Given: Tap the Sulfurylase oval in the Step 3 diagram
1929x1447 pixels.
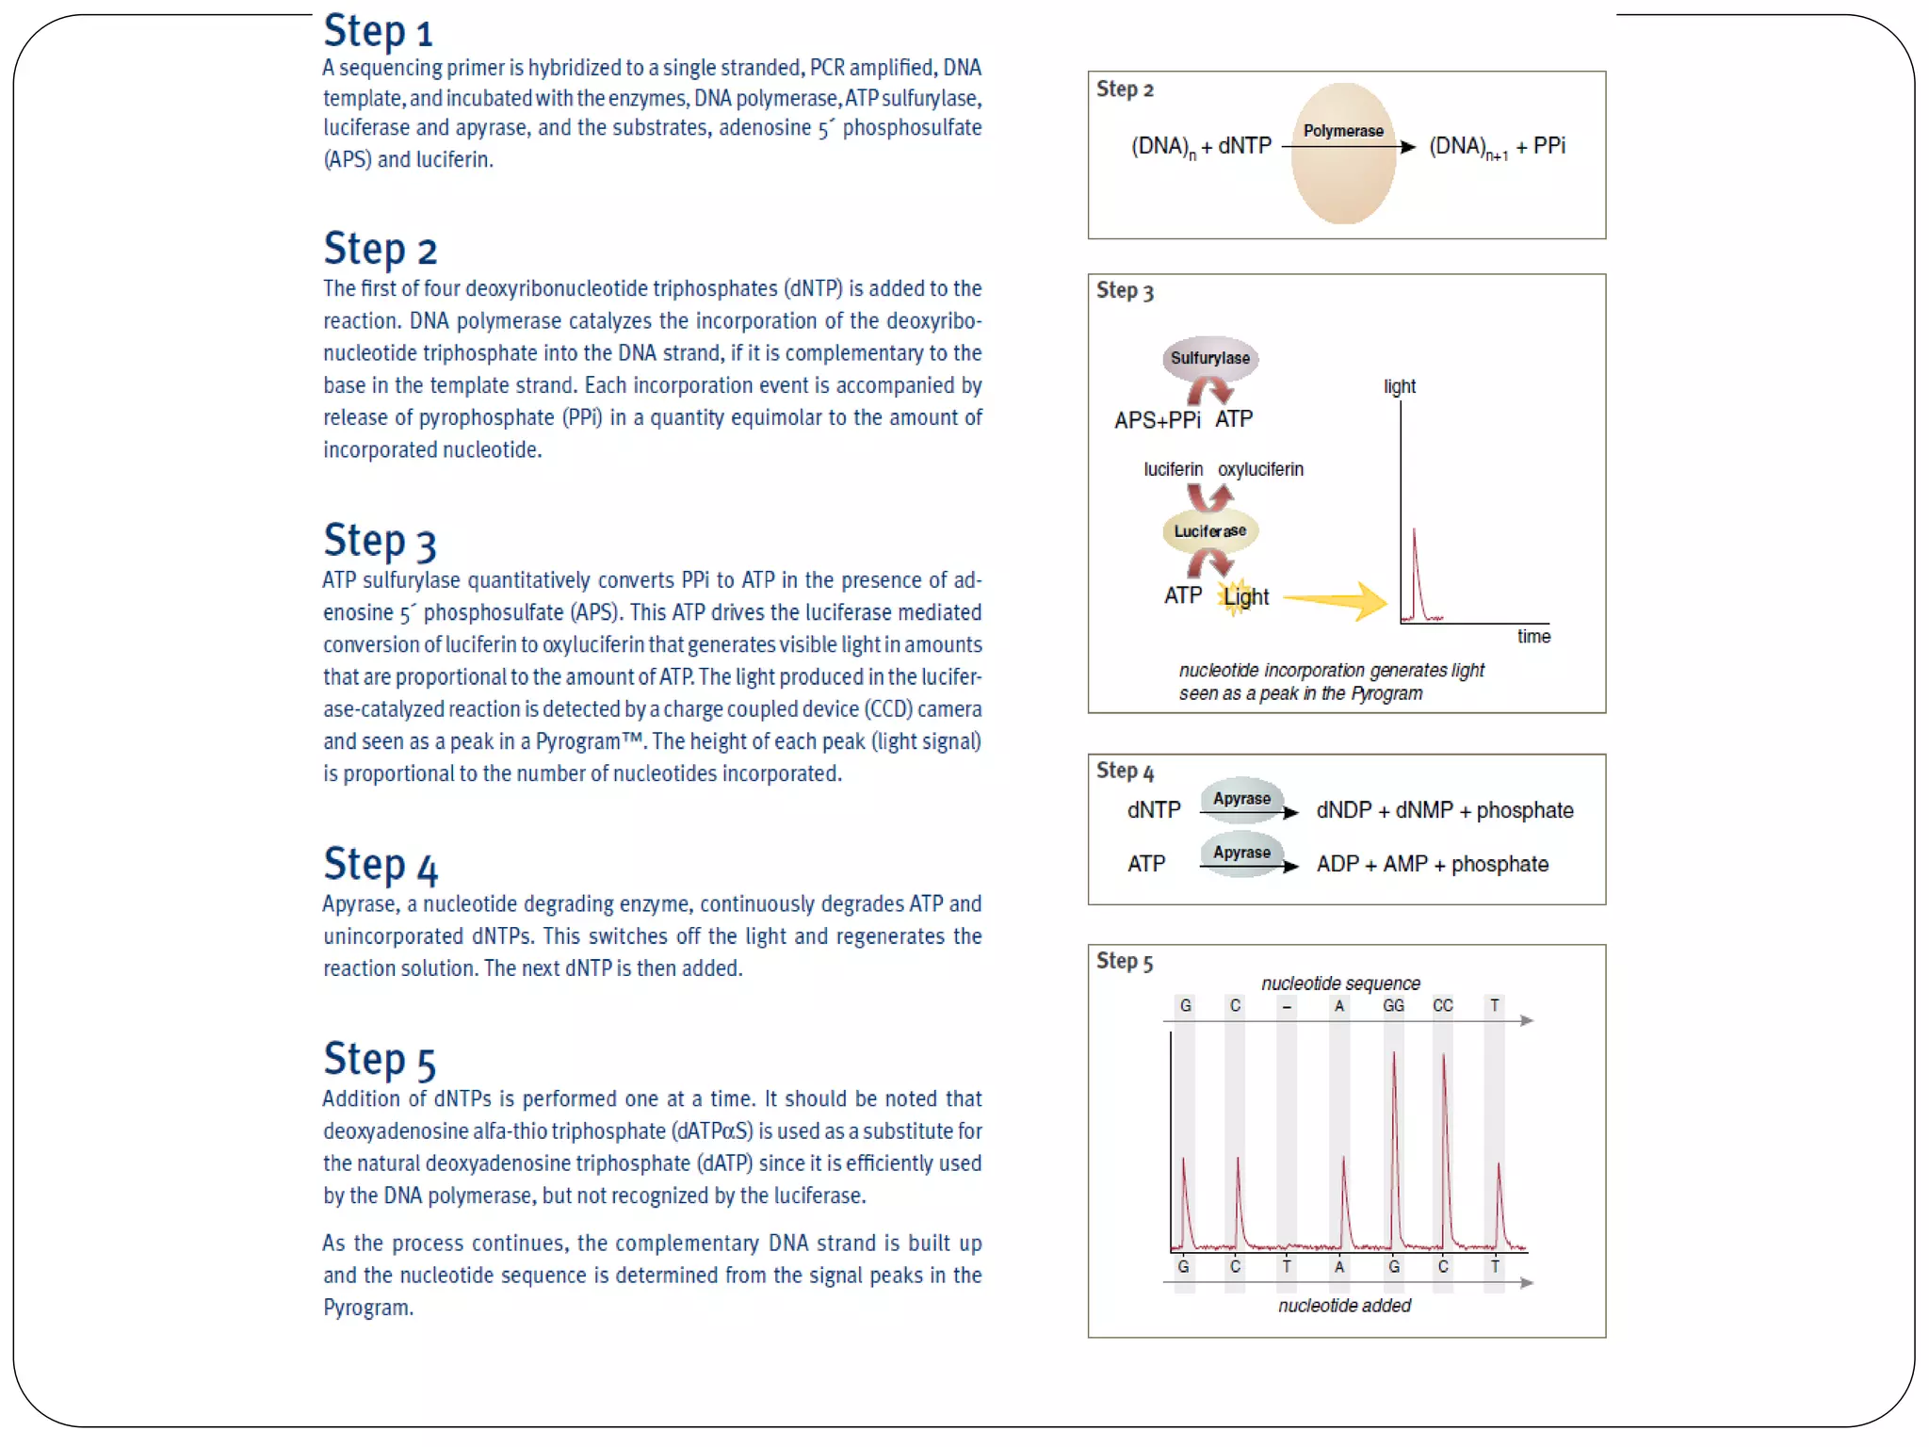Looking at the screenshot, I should pos(1210,358).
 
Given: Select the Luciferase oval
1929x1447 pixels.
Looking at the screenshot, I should pos(1210,531).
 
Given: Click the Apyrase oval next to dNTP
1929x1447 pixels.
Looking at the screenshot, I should pos(1242,799).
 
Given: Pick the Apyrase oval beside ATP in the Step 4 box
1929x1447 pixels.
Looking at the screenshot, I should pos(1242,853).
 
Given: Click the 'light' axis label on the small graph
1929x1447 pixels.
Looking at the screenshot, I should pos(1400,386).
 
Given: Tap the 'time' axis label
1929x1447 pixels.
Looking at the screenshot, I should pos(1533,637).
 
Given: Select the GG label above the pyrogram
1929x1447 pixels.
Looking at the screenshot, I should pos(1394,1006).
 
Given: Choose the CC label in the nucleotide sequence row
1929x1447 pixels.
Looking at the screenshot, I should pos(1443,1006).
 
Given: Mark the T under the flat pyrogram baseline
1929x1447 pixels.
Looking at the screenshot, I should pos(1287,1267).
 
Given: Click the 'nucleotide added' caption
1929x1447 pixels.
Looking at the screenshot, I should pos(1344,1306).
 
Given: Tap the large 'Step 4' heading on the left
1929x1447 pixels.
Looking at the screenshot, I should pos(381,865).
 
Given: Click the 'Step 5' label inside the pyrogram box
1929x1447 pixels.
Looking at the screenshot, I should pos(1125,962).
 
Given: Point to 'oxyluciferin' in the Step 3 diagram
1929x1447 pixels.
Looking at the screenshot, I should pos(1260,469).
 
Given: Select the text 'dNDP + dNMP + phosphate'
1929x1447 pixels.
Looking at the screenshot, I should pos(1445,811).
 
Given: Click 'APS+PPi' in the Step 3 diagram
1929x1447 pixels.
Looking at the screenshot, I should pos(1158,420).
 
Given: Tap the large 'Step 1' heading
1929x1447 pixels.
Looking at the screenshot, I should pos(378,31).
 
